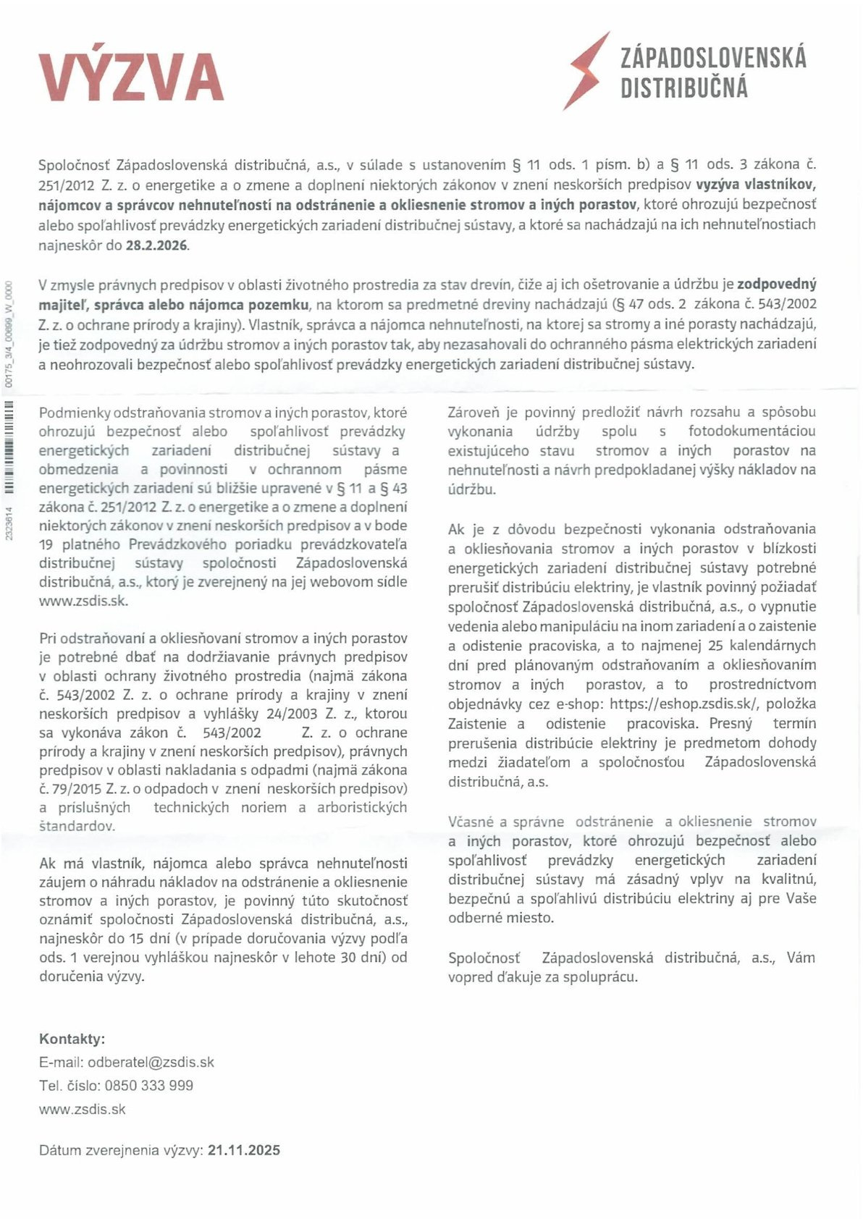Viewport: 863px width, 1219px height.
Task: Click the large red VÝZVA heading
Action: pos(131,76)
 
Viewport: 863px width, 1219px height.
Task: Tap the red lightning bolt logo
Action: pos(586,71)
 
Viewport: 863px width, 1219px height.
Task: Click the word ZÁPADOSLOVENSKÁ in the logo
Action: pos(713,57)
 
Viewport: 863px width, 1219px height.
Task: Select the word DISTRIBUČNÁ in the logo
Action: pos(684,88)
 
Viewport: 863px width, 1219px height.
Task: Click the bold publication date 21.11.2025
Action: pos(243,1150)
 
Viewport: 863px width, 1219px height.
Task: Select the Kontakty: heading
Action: pos(72,1039)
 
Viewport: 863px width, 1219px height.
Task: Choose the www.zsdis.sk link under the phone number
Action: pos(83,1108)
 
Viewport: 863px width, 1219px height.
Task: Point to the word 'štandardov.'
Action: pos(77,826)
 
